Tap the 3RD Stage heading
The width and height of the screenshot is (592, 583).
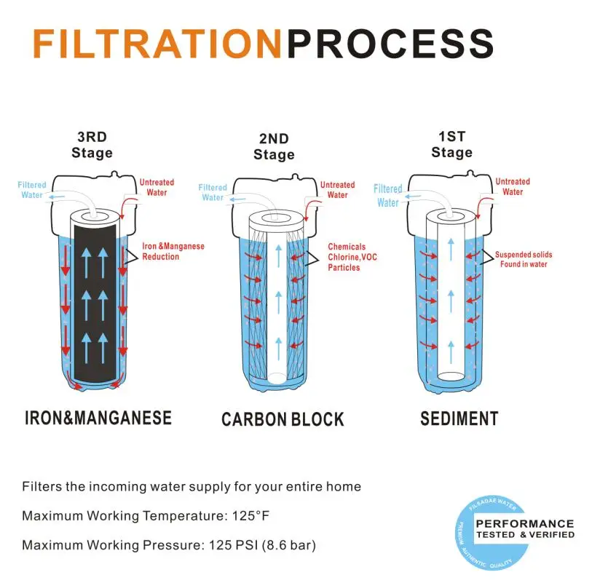click(92, 144)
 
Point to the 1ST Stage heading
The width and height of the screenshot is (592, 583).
click(451, 144)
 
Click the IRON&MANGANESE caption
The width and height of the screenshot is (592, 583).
click(98, 418)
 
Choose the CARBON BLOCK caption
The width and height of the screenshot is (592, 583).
click(283, 419)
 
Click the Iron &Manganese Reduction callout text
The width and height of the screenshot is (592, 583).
click(173, 251)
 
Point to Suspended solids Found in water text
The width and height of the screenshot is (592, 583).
click(524, 259)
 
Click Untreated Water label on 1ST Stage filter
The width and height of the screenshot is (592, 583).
click(513, 186)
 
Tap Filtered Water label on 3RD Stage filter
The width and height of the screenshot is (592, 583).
click(32, 189)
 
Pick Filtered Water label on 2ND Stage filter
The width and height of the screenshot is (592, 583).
click(213, 192)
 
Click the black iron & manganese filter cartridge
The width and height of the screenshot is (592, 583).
click(95, 306)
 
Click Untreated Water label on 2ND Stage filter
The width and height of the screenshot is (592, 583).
click(337, 189)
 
